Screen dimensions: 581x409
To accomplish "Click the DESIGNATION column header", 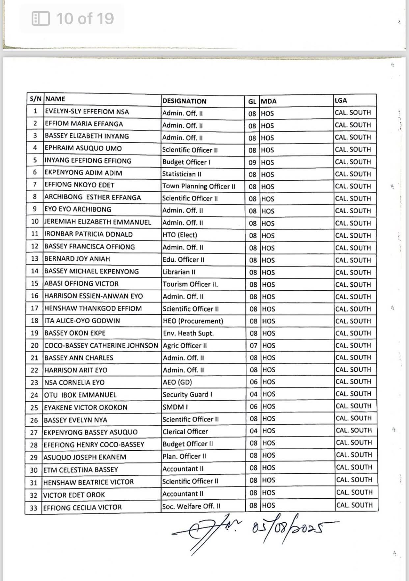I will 184,101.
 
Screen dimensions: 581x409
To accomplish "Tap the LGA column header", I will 341,100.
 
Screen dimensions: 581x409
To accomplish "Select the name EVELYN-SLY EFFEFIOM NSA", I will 87,112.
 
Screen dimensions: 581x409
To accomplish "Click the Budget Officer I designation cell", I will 186,162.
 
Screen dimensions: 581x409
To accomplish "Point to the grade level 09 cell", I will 252,162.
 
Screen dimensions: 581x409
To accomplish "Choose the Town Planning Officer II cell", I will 199,186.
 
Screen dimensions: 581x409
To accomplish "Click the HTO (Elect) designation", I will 180,235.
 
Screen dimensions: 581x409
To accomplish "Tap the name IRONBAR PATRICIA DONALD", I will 89,234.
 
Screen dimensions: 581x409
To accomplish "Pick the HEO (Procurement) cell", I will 193,321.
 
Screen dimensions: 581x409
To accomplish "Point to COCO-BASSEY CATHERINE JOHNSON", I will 101,346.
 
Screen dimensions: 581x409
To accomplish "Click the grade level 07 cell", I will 253,346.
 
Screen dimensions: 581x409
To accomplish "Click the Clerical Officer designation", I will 185,431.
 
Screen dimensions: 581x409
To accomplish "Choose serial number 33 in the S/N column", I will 34,508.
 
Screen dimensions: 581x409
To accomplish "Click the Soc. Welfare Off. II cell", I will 191,506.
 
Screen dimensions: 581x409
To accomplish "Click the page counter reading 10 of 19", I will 85,18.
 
